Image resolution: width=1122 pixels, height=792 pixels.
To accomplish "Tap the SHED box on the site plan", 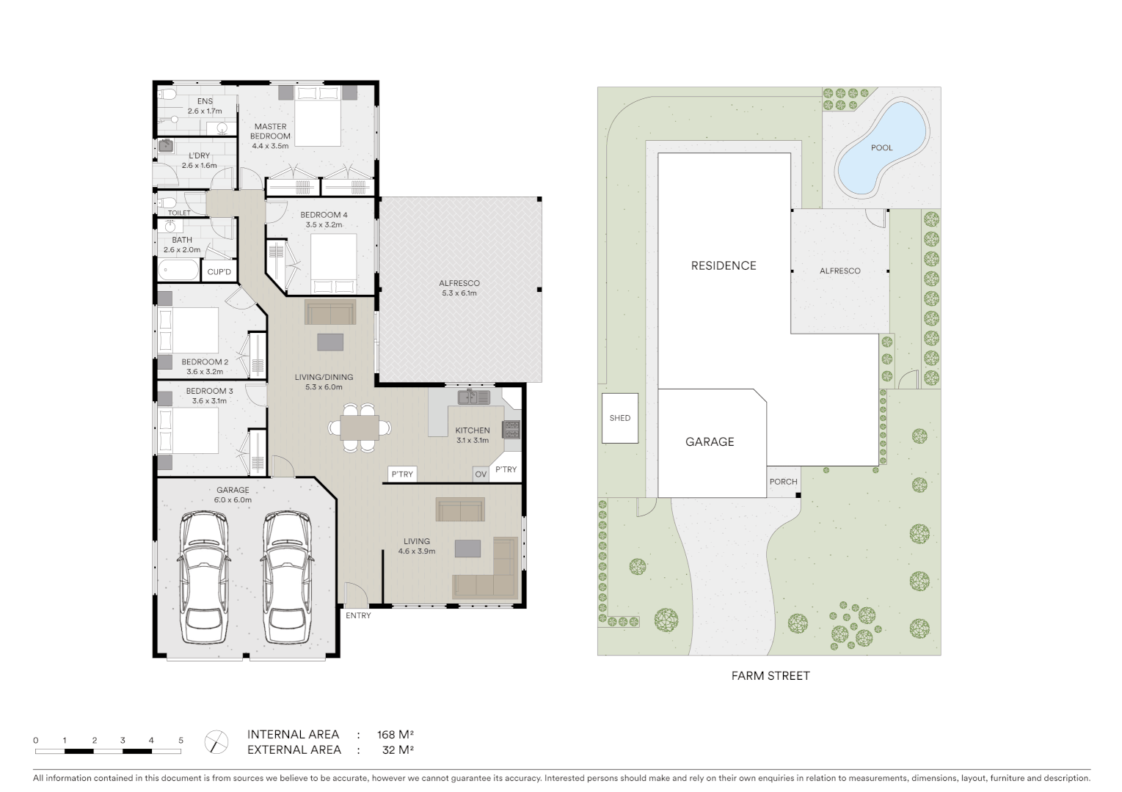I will click(620, 418).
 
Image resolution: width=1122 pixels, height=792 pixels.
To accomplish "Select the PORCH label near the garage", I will click(783, 482).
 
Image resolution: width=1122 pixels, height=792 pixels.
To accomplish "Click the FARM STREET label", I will click(770, 676).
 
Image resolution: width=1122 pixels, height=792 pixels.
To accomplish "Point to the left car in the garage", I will click(203, 577).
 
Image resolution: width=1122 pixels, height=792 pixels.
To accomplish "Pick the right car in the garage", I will click(288, 577).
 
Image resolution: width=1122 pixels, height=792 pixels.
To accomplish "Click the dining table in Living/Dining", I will click(360, 428).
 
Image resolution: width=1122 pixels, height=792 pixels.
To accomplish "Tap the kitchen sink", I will click(474, 397).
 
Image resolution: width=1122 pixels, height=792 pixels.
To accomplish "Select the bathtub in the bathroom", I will click(178, 270).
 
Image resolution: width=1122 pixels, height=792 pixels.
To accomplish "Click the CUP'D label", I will click(219, 272).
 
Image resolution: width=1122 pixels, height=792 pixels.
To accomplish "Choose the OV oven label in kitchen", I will click(481, 474).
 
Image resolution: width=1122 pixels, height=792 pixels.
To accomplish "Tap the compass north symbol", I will click(216, 742).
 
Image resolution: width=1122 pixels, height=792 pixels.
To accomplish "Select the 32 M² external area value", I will click(398, 750).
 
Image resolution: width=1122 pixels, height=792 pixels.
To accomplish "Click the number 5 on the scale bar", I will click(181, 741).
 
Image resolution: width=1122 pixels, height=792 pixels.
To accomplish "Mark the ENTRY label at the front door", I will click(358, 616).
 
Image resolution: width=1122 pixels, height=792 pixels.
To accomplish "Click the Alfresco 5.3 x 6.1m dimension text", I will click(459, 293).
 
